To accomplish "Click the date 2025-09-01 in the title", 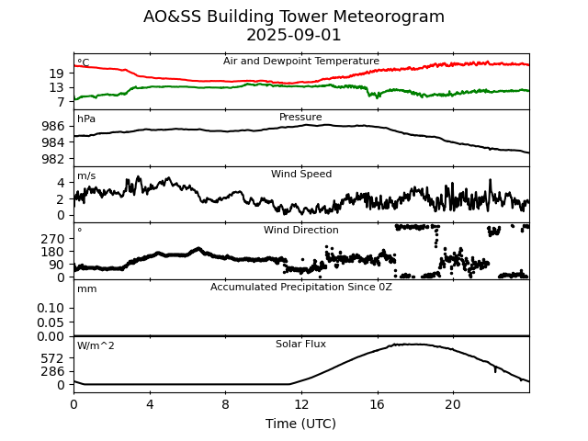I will tap(294, 36).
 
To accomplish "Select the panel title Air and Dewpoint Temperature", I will tap(301, 62).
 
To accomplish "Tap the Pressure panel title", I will tap(301, 118).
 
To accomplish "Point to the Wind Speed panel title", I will tap(301, 175).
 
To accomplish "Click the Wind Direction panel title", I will tap(301, 231).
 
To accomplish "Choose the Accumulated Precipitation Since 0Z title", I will tap(301, 288).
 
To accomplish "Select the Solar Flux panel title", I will tap(301, 345).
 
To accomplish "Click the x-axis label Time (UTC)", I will tap(301, 424).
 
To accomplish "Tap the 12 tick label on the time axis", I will tap(301, 404).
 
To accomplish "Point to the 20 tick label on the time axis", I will tap(453, 404).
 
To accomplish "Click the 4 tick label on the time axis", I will tap(150, 404).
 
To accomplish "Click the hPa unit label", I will tap(86, 119).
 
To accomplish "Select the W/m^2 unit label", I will tap(96, 346).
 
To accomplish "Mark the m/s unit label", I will tap(86, 176).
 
